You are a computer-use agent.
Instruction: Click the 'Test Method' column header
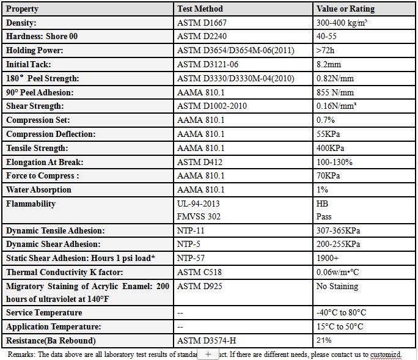pyautogui.click(x=200, y=9)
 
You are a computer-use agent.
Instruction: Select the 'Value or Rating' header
pyautogui.click(x=345, y=9)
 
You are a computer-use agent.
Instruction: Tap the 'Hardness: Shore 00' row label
pyautogui.click(x=42, y=36)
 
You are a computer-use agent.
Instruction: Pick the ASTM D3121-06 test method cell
pyautogui.click(x=208, y=64)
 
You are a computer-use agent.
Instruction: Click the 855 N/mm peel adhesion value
pyautogui.click(x=335, y=92)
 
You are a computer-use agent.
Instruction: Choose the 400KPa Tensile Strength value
pyautogui.click(x=330, y=148)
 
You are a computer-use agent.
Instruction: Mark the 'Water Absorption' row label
pyautogui.click(x=38, y=189)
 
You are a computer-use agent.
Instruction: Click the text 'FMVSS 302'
pyautogui.click(x=199, y=216)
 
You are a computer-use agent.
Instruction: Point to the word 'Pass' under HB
pyautogui.click(x=324, y=216)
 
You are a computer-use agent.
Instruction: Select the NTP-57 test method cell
pyautogui.click(x=192, y=258)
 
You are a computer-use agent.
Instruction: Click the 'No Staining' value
pyautogui.click(x=337, y=286)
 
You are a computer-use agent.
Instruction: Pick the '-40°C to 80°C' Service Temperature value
pyautogui.click(x=341, y=312)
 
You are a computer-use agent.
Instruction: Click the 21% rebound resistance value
pyautogui.click(x=324, y=340)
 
